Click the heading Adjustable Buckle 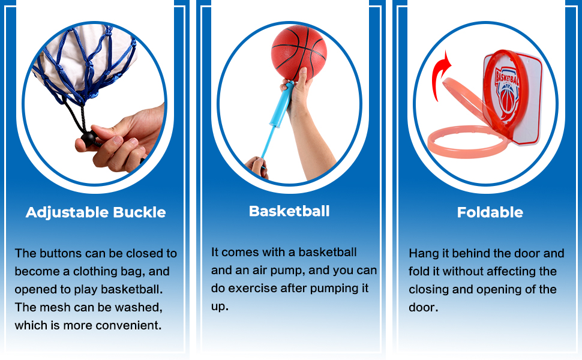click(96, 212)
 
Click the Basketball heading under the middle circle click(289, 211)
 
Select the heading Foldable click(490, 212)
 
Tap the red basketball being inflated click(299, 52)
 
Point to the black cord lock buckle click(88, 139)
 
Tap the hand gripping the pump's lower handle click(257, 166)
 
